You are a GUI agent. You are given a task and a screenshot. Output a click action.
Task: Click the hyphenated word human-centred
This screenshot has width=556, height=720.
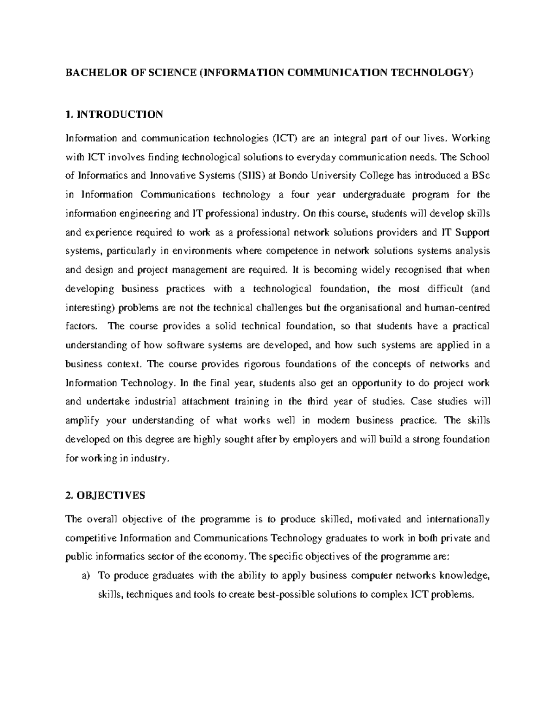(x=457, y=307)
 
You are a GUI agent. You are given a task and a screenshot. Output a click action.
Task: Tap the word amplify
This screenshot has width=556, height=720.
(x=82, y=421)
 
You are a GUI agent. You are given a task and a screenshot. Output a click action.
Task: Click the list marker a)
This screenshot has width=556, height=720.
(x=85, y=576)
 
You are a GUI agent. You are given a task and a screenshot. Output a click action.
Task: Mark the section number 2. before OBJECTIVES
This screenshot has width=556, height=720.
(x=69, y=495)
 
